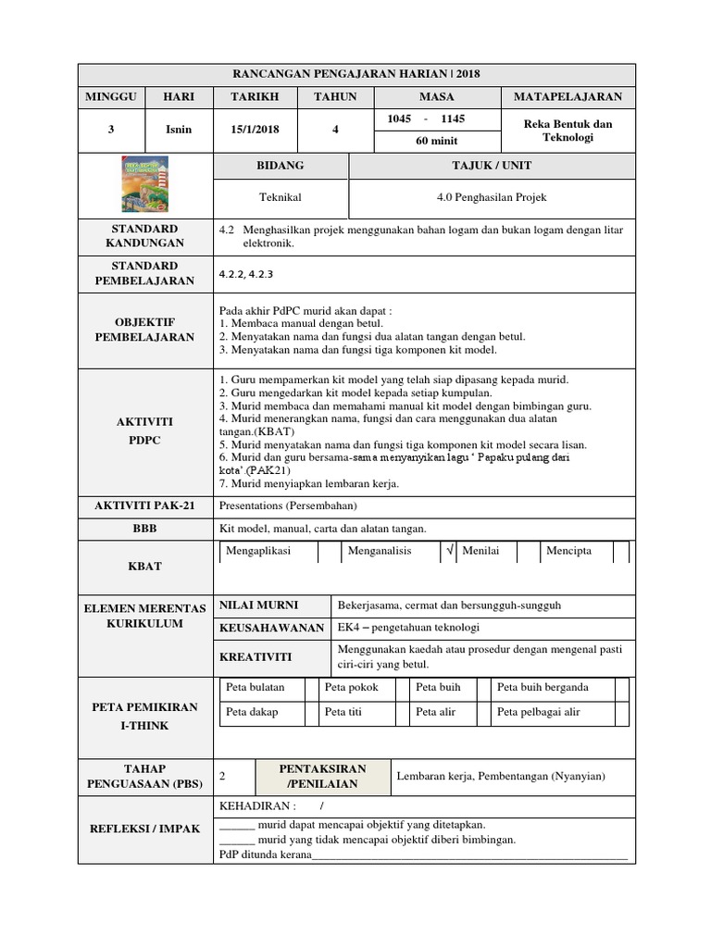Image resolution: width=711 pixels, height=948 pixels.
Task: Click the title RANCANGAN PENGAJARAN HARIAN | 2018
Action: click(x=356, y=74)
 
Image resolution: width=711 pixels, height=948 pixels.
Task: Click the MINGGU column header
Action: click(x=110, y=97)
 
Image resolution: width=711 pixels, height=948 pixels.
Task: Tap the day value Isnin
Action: click(x=179, y=130)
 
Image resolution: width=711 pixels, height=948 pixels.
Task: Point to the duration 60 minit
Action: click(x=435, y=141)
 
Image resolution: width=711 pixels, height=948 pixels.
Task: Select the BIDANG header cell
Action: click(x=280, y=166)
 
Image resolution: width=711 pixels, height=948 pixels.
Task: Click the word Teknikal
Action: click(x=280, y=198)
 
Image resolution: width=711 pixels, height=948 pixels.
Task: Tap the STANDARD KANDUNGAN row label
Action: click(x=145, y=236)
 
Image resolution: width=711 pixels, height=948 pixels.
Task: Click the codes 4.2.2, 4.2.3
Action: click(x=246, y=274)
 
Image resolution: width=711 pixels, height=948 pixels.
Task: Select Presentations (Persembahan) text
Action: click(x=287, y=506)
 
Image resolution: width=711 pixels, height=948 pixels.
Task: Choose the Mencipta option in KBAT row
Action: click(x=569, y=551)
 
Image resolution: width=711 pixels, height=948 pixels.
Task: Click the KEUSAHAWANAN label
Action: click(x=271, y=628)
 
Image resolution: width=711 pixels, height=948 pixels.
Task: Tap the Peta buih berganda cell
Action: click(x=543, y=688)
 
